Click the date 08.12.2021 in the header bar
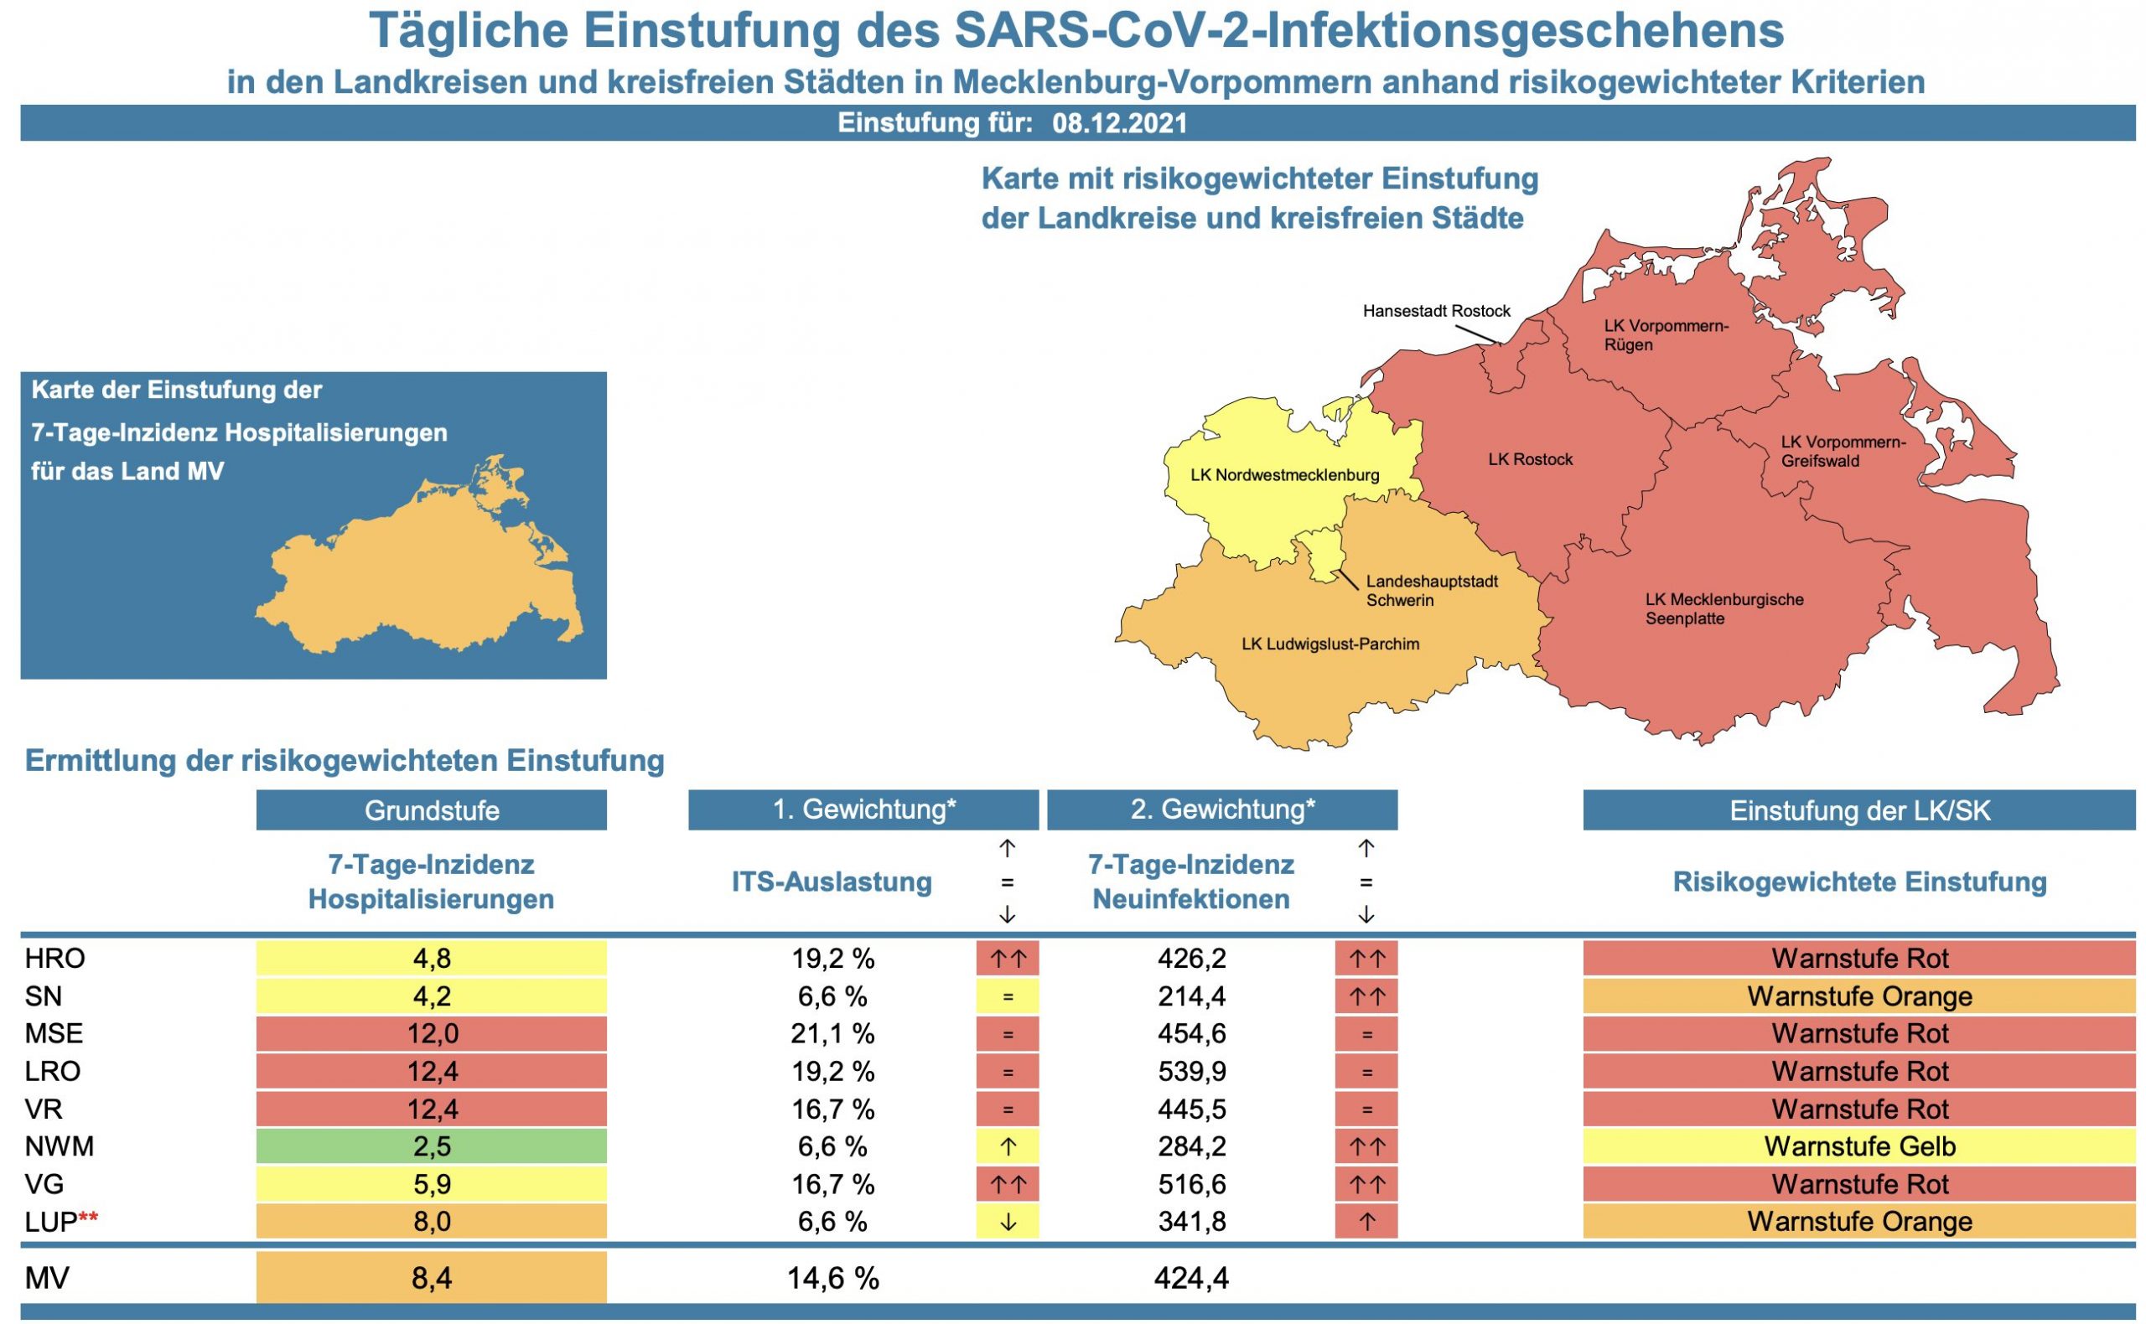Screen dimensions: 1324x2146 (1119, 122)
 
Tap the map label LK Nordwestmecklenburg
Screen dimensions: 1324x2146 (1284, 475)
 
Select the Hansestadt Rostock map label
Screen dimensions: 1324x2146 (1436, 311)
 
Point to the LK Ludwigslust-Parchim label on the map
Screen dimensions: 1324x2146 (1330, 644)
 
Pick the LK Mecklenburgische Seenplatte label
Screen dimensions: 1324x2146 (1723, 609)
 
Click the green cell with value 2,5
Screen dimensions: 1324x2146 (431, 1146)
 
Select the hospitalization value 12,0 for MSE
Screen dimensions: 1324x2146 (431, 1033)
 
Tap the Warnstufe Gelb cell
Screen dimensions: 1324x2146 (1858, 1146)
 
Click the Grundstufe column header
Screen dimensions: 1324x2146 (431, 810)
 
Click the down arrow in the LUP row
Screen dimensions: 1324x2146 (1008, 1222)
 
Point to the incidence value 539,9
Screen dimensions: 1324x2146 (1190, 1071)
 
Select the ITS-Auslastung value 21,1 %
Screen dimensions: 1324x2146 (832, 1033)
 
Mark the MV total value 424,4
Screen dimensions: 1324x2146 (1190, 1279)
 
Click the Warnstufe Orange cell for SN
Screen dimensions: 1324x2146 (1858, 996)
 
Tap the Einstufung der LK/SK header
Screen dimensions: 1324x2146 (1858, 810)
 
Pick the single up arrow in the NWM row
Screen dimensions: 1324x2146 (1008, 1146)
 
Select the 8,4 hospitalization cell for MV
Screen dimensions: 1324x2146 (431, 1279)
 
